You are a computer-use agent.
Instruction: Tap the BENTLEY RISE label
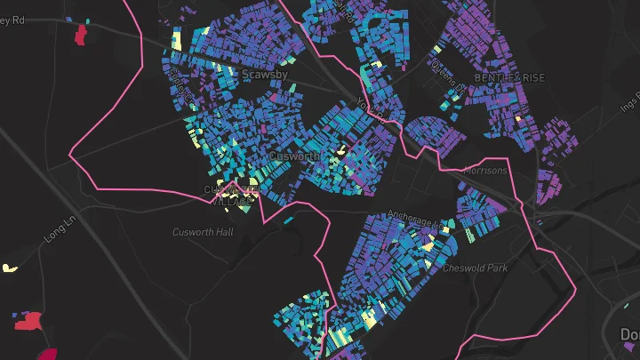[x=509, y=77]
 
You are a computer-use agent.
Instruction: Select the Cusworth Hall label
[x=203, y=232]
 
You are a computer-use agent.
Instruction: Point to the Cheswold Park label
[x=475, y=267]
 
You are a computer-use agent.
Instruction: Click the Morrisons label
[x=485, y=171]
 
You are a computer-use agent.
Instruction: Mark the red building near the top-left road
[x=81, y=35]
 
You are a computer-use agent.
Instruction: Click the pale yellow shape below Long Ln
[x=10, y=268]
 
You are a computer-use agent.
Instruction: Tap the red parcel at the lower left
[x=29, y=321]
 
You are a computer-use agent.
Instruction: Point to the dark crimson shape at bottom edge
[x=47, y=355]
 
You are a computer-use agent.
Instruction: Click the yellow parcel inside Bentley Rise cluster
[x=516, y=117]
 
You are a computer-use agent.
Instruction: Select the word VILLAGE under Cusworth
[x=233, y=201]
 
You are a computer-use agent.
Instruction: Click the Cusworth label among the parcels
[x=293, y=156]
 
